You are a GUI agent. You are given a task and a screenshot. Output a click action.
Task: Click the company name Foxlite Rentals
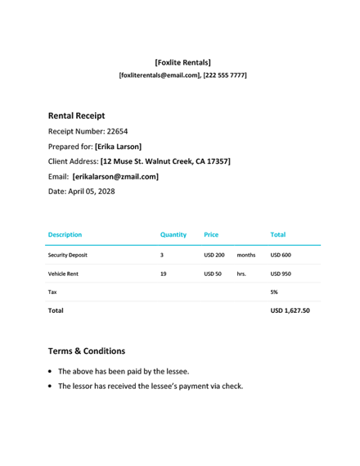(x=182, y=62)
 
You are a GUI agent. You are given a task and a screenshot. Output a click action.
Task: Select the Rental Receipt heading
(x=76, y=116)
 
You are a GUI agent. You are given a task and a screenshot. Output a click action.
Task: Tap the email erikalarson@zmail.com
(x=115, y=176)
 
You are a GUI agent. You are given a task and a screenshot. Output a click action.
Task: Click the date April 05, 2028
(x=92, y=192)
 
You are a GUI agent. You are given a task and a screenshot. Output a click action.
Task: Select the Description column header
(x=65, y=234)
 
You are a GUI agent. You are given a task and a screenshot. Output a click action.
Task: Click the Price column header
(x=211, y=234)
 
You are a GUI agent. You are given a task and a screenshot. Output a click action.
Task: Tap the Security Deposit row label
(x=68, y=255)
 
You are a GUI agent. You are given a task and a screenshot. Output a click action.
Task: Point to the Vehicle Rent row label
(x=63, y=274)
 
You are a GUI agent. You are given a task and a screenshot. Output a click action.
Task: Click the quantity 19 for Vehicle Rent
(x=164, y=274)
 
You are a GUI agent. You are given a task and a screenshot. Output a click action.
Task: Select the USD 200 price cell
(x=214, y=255)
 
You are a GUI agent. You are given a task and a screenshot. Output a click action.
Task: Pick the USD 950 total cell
(x=281, y=274)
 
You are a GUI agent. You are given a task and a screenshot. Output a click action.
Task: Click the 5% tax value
(x=274, y=292)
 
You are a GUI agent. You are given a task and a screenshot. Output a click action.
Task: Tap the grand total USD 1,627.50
(x=290, y=311)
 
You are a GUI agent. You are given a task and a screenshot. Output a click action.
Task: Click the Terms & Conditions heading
(x=87, y=351)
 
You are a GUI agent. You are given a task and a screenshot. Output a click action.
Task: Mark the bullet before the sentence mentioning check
(x=52, y=387)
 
